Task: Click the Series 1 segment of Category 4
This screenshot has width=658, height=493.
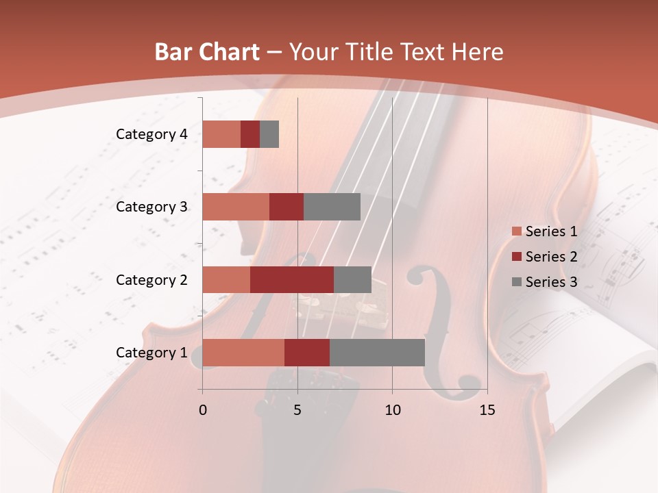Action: tap(221, 134)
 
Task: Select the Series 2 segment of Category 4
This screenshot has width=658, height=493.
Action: tap(250, 134)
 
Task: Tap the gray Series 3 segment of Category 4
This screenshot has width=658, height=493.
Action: tap(269, 134)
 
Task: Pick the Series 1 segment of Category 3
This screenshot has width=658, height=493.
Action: tap(236, 207)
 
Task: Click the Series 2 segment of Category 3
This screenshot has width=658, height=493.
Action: tap(287, 207)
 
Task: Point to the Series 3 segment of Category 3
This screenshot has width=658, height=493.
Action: tap(332, 207)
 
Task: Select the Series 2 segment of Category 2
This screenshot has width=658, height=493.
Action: tap(292, 279)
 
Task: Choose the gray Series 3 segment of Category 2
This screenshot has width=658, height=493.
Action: tap(352, 279)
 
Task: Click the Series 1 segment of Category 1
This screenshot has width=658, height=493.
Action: tap(243, 353)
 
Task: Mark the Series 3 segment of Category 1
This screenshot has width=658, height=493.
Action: tap(377, 353)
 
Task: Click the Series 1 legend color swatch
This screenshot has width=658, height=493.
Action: tap(516, 231)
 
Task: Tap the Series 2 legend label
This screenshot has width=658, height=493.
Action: tap(551, 257)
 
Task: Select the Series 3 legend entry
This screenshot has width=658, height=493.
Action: tap(544, 282)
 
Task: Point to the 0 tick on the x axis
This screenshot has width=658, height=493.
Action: tap(203, 410)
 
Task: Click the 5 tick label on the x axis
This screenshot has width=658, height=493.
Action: tap(297, 410)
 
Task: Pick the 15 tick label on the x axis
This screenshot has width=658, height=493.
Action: tap(487, 410)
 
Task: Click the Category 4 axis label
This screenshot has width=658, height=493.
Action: tap(151, 134)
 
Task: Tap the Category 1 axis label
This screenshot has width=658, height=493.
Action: tap(151, 353)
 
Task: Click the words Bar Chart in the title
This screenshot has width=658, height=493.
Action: tap(207, 52)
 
